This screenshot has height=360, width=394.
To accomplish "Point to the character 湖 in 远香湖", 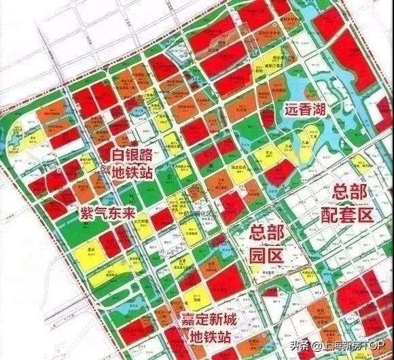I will (x=325, y=109).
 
